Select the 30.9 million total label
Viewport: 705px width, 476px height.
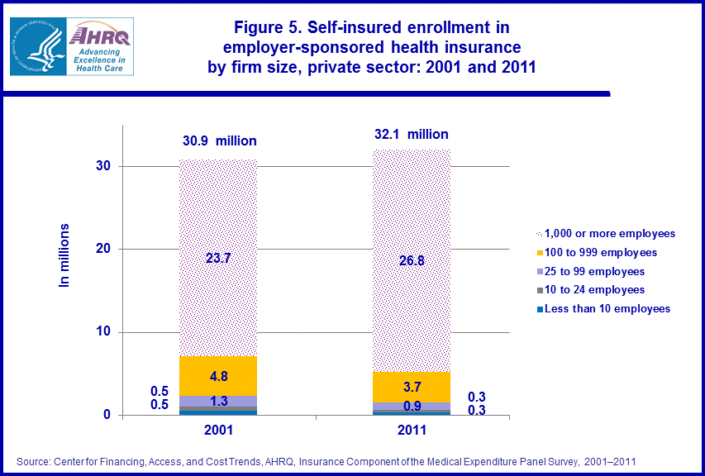(219, 141)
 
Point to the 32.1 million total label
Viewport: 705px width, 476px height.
(411, 134)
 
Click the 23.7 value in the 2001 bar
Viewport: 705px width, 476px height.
(218, 258)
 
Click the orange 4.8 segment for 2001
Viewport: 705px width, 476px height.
(218, 376)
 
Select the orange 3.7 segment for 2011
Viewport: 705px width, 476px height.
(411, 386)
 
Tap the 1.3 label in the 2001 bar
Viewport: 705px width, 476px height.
(218, 402)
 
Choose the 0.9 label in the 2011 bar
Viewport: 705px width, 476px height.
(411, 407)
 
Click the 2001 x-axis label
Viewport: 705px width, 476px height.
(218, 431)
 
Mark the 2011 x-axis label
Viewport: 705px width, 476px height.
(411, 431)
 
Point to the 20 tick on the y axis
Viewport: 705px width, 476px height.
(102, 250)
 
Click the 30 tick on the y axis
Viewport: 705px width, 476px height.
(102, 166)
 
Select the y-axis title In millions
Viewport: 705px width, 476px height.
(64, 255)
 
